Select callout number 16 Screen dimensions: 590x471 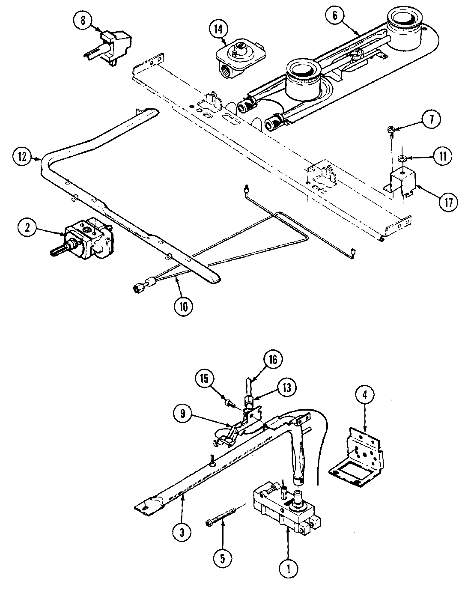pyautogui.click(x=273, y=359)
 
